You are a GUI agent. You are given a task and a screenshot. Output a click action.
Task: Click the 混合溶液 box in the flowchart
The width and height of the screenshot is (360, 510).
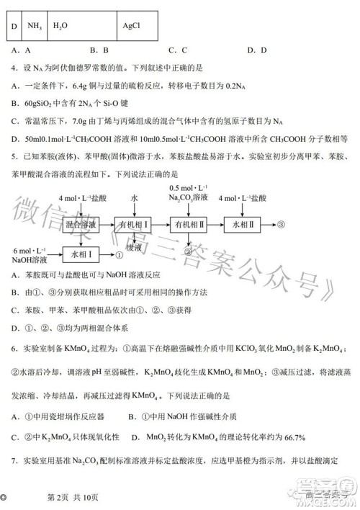click(x=79, y=225)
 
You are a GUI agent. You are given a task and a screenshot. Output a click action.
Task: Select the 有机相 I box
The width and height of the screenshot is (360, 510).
click(x=133, y=225)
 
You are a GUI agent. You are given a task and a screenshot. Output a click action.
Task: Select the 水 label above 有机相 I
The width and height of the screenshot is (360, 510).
click(x=133, y=197)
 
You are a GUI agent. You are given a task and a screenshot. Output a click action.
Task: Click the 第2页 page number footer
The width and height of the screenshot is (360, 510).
click(x=61, y=497)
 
